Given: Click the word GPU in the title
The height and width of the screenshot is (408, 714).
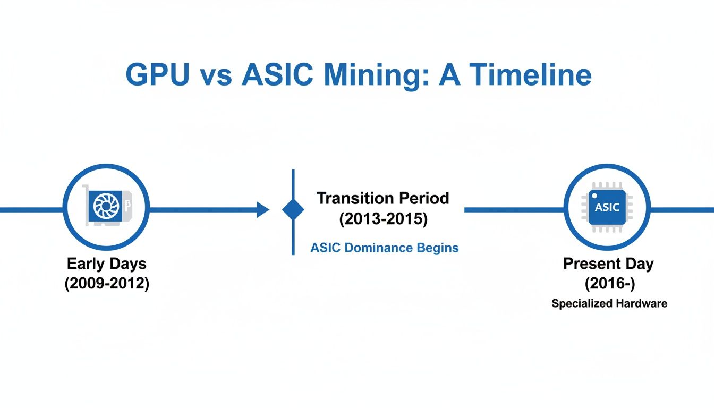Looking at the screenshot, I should [157, 76].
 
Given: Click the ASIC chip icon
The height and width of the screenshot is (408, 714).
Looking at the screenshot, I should [607, 207].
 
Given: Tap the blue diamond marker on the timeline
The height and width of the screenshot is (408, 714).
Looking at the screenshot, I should [293, 210].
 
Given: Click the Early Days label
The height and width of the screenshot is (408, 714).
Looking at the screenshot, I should [107, 263].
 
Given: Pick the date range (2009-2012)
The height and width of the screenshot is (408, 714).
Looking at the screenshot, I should [107, 283].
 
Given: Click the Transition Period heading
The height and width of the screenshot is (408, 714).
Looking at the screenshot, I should [382, 199].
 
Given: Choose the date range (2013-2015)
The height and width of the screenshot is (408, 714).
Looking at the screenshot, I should [382, 219].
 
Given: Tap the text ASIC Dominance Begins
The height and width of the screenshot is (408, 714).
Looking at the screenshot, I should [384, 248].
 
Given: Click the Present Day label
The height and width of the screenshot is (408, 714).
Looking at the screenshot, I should [608, 263].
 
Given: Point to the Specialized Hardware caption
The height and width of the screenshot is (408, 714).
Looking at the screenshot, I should [609, 304].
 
